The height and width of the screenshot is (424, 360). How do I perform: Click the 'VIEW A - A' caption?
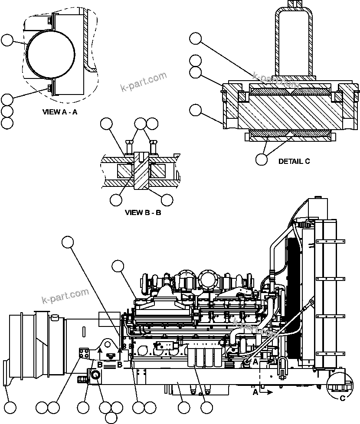click(60, 112)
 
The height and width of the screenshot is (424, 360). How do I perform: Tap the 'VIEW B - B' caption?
click(143, 212)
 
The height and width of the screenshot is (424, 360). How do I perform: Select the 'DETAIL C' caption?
click(294, 161)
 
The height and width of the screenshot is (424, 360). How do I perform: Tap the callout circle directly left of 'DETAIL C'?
click(261, 159)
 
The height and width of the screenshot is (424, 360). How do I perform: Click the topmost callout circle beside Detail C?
click(196, 39)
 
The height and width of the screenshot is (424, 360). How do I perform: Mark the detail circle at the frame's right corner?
click(339, 384)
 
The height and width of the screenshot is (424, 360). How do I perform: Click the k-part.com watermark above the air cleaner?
click(65, 296)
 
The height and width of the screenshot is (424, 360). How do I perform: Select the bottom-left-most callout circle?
click(10, 408)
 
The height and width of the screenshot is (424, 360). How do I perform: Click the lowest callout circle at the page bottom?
click(111, 417)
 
